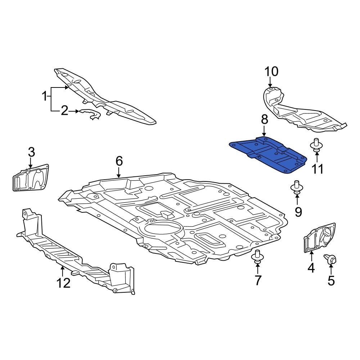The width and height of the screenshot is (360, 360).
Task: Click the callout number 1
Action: pos(45,96)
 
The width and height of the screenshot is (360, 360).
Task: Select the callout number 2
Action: pos(64,111)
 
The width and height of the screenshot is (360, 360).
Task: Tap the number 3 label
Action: pos(32,152)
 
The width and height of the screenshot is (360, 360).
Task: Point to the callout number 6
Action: pos(119,161)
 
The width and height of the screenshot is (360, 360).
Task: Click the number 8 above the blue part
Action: pos(264,120)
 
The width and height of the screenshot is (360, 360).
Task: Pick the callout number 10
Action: pos(272,72)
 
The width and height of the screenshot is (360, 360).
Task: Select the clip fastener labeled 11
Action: pos(316,146)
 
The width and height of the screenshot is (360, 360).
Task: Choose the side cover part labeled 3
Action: pos(31,178)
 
